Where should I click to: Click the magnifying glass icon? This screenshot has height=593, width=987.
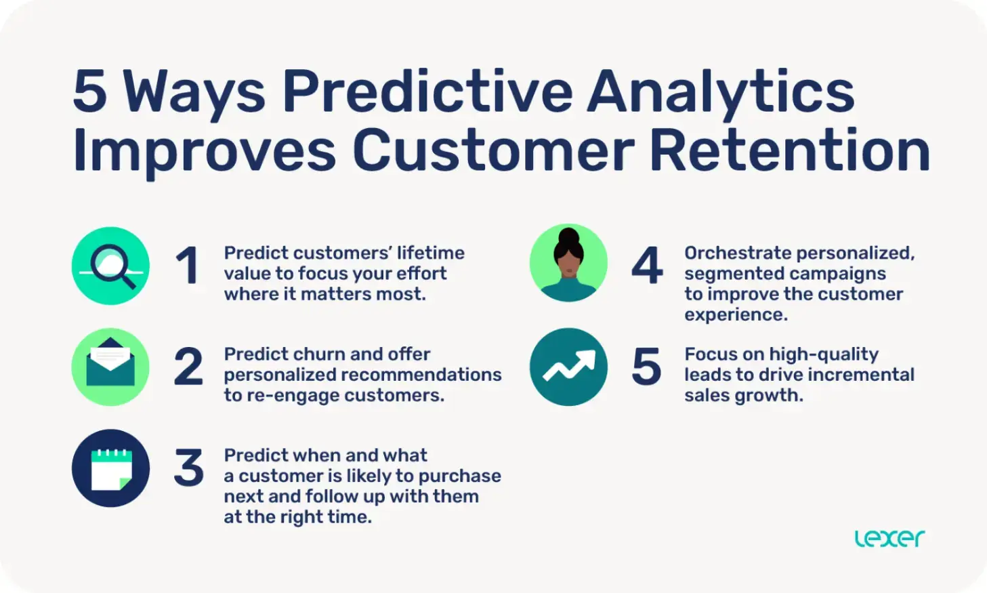(110, 266)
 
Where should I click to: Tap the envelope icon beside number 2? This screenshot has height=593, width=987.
(110, 367)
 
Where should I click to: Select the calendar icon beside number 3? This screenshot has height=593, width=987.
(110, 468)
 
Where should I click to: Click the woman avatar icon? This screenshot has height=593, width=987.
(568, 263)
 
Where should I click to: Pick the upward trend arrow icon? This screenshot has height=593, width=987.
(568, 367)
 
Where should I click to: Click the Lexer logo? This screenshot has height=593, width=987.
(889, 538)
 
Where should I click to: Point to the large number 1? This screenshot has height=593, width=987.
(188, 266)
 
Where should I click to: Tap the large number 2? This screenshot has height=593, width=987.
(188, 367)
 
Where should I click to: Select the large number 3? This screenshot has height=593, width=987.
(188, 468)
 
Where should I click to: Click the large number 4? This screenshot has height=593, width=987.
(647, 266)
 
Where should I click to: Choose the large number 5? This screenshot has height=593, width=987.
(646, 367)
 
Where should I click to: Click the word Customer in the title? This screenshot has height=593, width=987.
(493, 150)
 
